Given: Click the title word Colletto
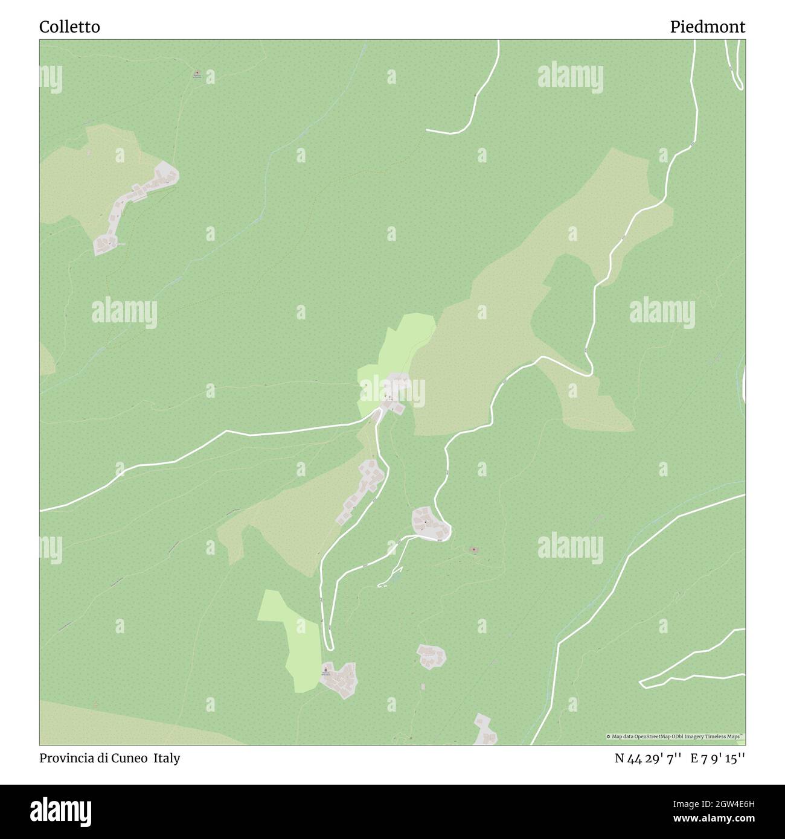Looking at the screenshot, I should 70,27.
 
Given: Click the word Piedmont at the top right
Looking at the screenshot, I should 707,27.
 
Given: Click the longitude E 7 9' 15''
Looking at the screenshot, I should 718,758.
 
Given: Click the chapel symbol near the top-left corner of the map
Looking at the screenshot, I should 196,75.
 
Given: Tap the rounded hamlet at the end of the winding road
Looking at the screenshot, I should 431,523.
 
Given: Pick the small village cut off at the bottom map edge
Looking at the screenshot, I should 485,731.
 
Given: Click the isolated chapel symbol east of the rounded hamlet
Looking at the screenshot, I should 474,550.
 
